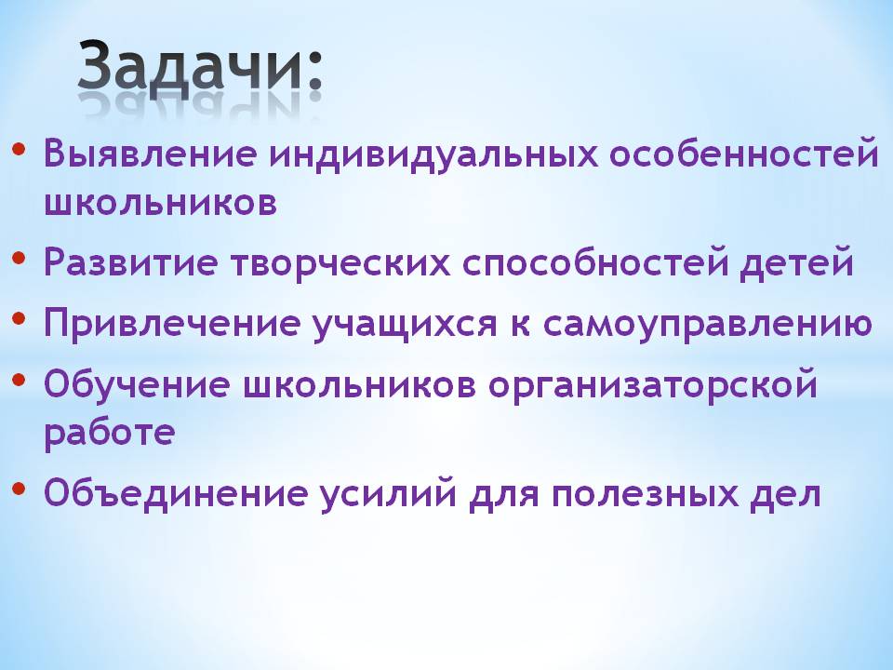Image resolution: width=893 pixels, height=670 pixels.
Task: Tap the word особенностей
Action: [744, 153]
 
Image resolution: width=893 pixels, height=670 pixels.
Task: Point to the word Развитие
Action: [130, 261]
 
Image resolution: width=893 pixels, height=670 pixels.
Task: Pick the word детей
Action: [797, 261]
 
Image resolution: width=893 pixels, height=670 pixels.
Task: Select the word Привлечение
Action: [171, 323]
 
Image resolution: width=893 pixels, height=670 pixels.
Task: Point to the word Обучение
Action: [137, 383]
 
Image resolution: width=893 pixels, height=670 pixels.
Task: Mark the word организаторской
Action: [653, 385]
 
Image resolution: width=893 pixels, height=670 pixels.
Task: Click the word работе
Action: [110, 431]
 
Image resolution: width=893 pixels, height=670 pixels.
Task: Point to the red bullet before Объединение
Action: [19, 489]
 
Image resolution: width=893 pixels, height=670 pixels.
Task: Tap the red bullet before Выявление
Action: [19, 149]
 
